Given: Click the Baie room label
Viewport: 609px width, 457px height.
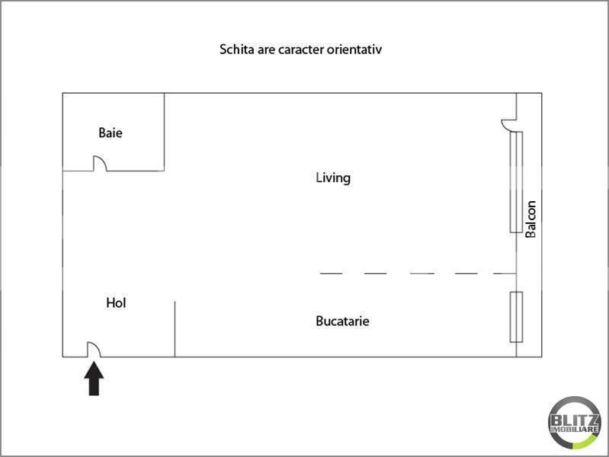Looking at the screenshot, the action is pos(111,133).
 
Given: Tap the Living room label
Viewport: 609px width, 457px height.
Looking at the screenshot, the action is pos(333,177).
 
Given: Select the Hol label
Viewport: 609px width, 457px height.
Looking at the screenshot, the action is pos(116,303).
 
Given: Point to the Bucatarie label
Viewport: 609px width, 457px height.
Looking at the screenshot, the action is pos(342,321).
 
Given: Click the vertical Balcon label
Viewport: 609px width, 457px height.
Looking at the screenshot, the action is pos(530,219).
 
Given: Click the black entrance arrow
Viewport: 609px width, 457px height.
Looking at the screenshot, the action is pos(94,379).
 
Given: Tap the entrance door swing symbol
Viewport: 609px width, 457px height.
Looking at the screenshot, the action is pos(94,349).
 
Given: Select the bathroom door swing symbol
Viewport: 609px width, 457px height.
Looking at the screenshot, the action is pos(100,163).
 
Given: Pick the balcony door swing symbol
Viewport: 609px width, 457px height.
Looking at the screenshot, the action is pos(508,125).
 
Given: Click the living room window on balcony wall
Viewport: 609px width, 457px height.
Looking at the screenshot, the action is pos(516,182).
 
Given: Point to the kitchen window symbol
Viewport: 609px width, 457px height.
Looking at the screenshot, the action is pos(516,317).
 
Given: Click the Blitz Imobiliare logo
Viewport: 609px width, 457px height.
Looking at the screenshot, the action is pos(575,423).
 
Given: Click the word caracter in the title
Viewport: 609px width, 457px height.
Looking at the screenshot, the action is pos(300,50).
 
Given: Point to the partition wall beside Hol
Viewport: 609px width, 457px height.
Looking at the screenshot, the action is pos(175,329).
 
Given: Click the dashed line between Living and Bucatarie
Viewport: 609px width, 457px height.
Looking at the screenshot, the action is pos(418,273).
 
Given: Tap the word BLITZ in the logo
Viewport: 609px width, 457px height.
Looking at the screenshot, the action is pos(575,420).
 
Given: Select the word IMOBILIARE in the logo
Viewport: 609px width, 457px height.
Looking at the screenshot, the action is pos(575,430).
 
